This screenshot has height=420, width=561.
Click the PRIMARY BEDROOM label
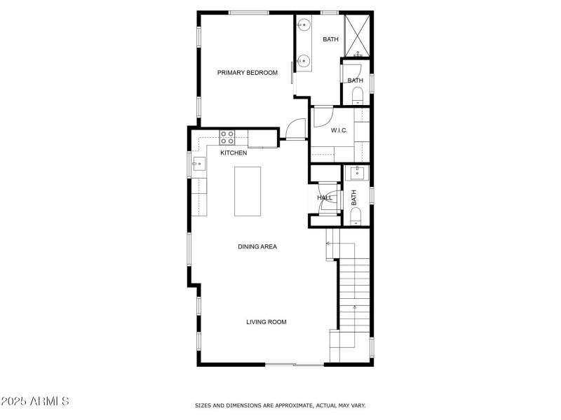click(x=247, y=73)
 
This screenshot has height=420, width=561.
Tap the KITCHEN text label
click(x=234, y=153)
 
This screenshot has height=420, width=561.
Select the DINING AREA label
click(x=257, y=246)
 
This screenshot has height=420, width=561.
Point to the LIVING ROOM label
click(x=266, y=322)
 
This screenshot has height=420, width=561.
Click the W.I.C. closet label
click(x=339, y=130)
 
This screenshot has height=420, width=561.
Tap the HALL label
click(x=325, y=198)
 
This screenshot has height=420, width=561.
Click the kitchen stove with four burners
click(x=229, y=136)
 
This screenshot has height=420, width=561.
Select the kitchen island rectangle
click(x=246, y=192)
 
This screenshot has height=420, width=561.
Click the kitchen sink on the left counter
click(x=198, y=165)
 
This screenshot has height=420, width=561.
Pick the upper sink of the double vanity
click(x=303, y=26)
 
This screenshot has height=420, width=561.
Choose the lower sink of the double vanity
click(x=303, y=62)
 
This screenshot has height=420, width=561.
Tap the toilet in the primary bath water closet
click(x=356, y=94)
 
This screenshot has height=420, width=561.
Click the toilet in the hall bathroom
click(x=356, y=214)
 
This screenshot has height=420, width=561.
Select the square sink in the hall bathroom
click(x=356, y=173)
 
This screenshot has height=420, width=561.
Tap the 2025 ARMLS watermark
click(x=35, y=402)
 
